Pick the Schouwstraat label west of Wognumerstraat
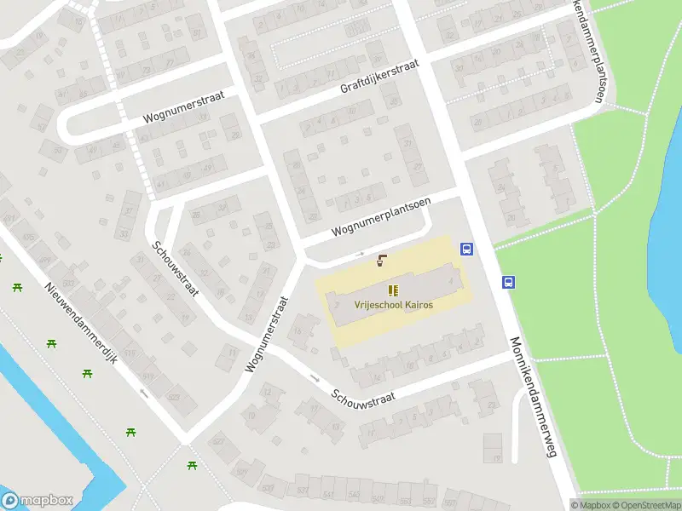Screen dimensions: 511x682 [x=176, y=268]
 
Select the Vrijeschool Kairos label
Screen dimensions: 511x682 [x=381, y=305]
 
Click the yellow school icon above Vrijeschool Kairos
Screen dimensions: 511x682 [x=393, y=290]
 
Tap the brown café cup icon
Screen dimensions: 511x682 [x=381, y=261]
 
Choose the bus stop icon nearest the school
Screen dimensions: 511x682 [x=466, y=250]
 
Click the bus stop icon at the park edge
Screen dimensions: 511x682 [x=508, y=283]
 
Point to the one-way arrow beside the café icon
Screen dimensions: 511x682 [x=360, y=254]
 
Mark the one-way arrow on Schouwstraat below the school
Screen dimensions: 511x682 [x=315, y=377]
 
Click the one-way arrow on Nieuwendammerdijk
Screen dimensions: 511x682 [x=143, y=393]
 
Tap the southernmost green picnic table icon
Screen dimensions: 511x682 [x=192, y=465]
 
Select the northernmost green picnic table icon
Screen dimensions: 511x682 [x=17, y=287]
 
